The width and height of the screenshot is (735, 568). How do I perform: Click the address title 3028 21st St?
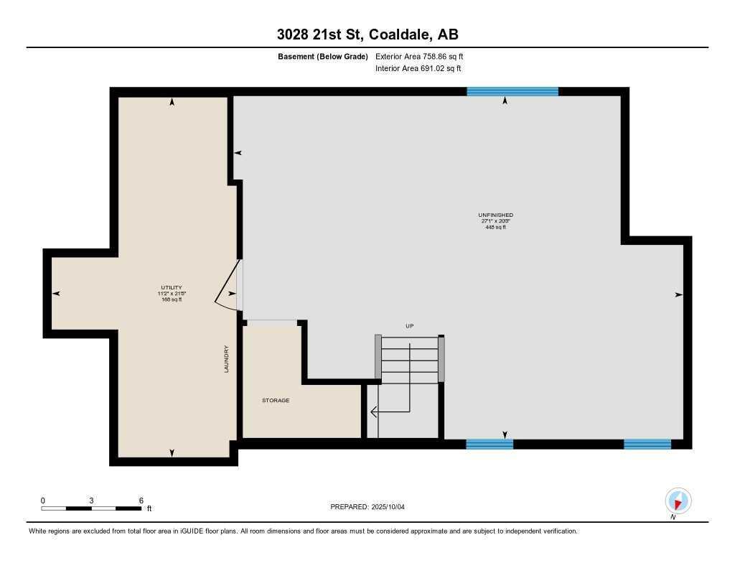tap(367, 34)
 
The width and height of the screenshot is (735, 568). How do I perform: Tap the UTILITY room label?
tap(171, 287)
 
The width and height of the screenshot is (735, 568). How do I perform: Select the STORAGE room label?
tap(276, 400)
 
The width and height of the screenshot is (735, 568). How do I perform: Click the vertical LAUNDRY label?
tap(226, 359)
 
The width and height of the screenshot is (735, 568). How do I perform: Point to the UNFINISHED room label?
tap(495, 215)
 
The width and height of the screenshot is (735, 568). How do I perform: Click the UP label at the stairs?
tap(410, 326)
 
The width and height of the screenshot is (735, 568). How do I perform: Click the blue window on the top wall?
tap(512, 91)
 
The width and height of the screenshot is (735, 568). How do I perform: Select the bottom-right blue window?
tap(647, 444)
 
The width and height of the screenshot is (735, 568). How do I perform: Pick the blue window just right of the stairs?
tap(490, 444)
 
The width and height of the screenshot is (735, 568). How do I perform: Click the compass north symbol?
tap(678, 501)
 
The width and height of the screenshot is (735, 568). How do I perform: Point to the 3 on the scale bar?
tap(91, 501)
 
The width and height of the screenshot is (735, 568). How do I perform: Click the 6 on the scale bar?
tap(141, 501)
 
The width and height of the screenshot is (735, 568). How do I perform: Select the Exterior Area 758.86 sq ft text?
tap(424, 56)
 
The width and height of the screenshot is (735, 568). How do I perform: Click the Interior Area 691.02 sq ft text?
tap(418, 69)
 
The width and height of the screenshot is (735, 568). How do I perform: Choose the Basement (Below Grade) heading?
tap(322, 56)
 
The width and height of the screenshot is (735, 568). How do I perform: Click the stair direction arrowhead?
tap(374, 411)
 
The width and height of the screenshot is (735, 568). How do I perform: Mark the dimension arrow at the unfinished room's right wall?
tap(678, 294)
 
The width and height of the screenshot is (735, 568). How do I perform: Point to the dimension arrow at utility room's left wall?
tap(57, 293)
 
